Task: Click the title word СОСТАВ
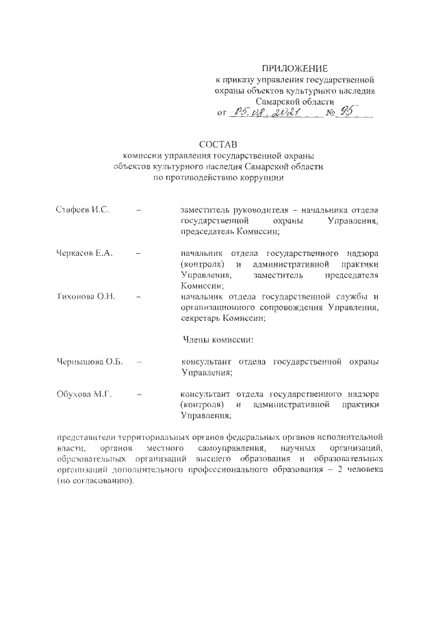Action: [x=217, y=144]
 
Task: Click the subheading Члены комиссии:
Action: [x=218, y=339]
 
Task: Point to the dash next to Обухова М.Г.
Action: [x=139, y=395]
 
